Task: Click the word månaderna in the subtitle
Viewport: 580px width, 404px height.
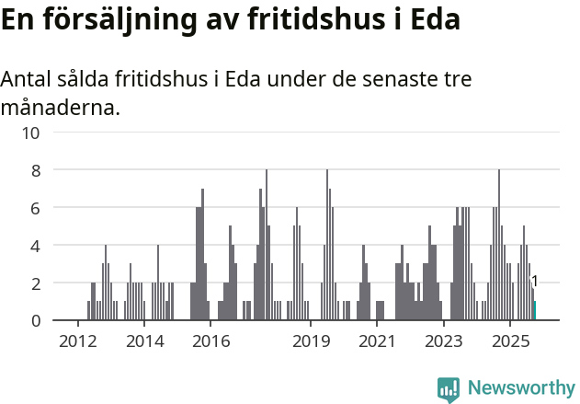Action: (x=60, y=109)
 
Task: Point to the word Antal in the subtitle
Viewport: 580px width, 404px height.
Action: (x=27, y=80)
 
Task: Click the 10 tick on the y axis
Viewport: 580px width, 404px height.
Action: (x=30, y=133)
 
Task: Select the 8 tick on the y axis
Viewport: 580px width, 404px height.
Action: (x=35, y=170)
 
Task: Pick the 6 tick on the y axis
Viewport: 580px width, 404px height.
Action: (x=35, y=208)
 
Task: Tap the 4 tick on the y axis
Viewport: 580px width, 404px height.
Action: (x=35, y=246)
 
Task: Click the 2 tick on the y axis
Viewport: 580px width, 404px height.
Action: (x=35, y=283)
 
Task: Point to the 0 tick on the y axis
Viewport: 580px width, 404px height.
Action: (x=35, y=321)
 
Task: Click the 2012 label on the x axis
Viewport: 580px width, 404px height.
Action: (x=77, y=342)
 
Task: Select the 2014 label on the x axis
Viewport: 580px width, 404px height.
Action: (x=144, y=342)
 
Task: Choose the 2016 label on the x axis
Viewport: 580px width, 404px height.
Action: (x=210, y=342)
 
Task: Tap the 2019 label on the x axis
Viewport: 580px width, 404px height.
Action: (x=311, y=342)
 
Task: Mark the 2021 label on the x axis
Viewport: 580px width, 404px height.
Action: (x=377, y=342)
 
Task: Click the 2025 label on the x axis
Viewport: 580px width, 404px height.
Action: (x=510, y=342)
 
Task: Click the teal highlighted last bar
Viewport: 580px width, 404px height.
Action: (x=534, y=311)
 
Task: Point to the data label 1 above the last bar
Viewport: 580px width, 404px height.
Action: (x=534, y=282)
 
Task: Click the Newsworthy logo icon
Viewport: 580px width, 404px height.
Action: (x=449, y=389)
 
